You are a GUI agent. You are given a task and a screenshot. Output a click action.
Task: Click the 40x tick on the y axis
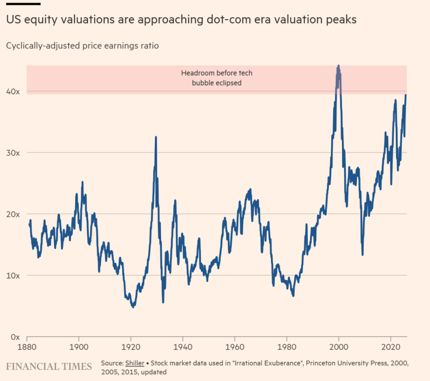[13, 91]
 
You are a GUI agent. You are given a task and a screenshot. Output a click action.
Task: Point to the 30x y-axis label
[13, 153]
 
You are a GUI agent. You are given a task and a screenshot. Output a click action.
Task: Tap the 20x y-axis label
[13, 214]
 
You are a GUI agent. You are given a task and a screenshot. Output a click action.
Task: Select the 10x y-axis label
[13, 275]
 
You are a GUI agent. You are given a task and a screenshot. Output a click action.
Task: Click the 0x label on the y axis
[15, 336]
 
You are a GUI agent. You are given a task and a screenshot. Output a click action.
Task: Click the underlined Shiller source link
[135, 364]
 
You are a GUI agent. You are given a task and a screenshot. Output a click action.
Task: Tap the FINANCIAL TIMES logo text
[49, 366]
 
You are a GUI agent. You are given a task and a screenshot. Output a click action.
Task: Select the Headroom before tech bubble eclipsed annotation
[217, 78]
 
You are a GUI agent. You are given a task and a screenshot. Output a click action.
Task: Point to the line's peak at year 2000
[338, 66]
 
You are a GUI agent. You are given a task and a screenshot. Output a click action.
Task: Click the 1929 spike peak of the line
[156, 137]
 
